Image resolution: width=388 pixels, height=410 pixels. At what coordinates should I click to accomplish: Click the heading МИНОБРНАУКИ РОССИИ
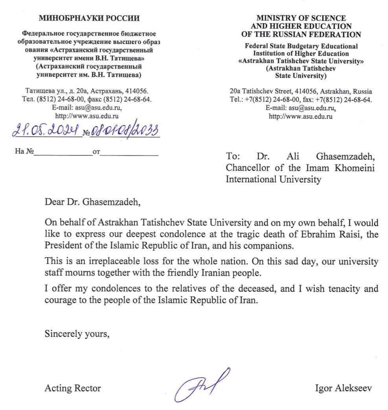tap(89, 18)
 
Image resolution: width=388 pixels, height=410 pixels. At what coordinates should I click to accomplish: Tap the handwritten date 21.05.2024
tap(46, 130)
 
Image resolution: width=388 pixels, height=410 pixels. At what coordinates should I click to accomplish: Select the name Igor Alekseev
tap(343, 388)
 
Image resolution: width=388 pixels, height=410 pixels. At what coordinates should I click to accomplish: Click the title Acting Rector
tap(73, 388)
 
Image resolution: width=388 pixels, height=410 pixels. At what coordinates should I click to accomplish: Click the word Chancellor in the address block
tap(248, 168)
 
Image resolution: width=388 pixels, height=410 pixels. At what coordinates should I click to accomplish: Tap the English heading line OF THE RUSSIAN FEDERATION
tap(301, 34)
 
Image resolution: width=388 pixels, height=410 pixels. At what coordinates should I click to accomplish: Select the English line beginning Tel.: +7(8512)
tap(301, 100)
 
